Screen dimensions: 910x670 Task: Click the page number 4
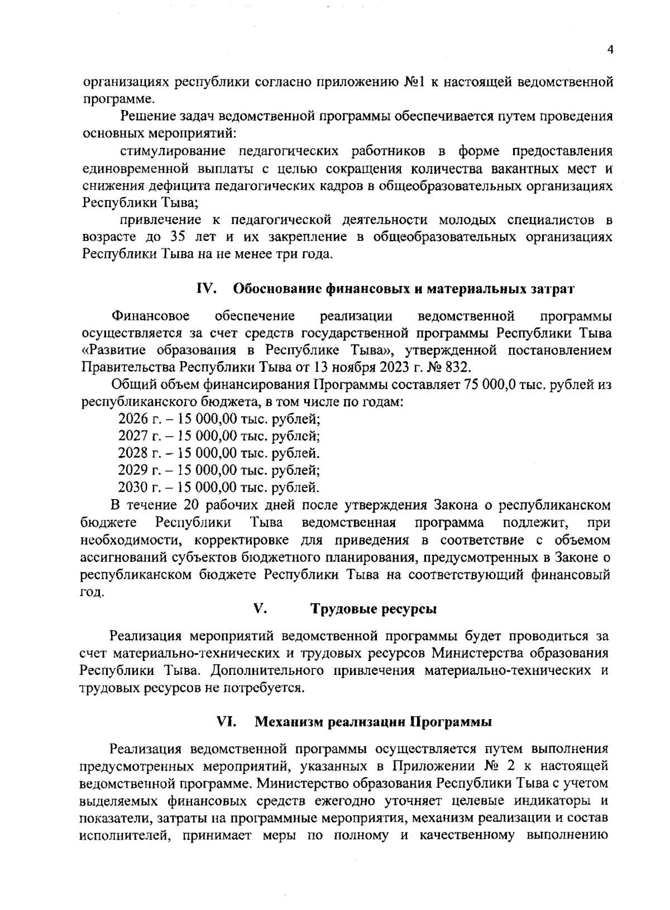point(610,50)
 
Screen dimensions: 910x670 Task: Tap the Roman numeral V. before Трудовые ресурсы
point(260,609)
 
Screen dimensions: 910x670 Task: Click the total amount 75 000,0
point(485,385)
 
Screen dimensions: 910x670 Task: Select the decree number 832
point(459,367)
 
